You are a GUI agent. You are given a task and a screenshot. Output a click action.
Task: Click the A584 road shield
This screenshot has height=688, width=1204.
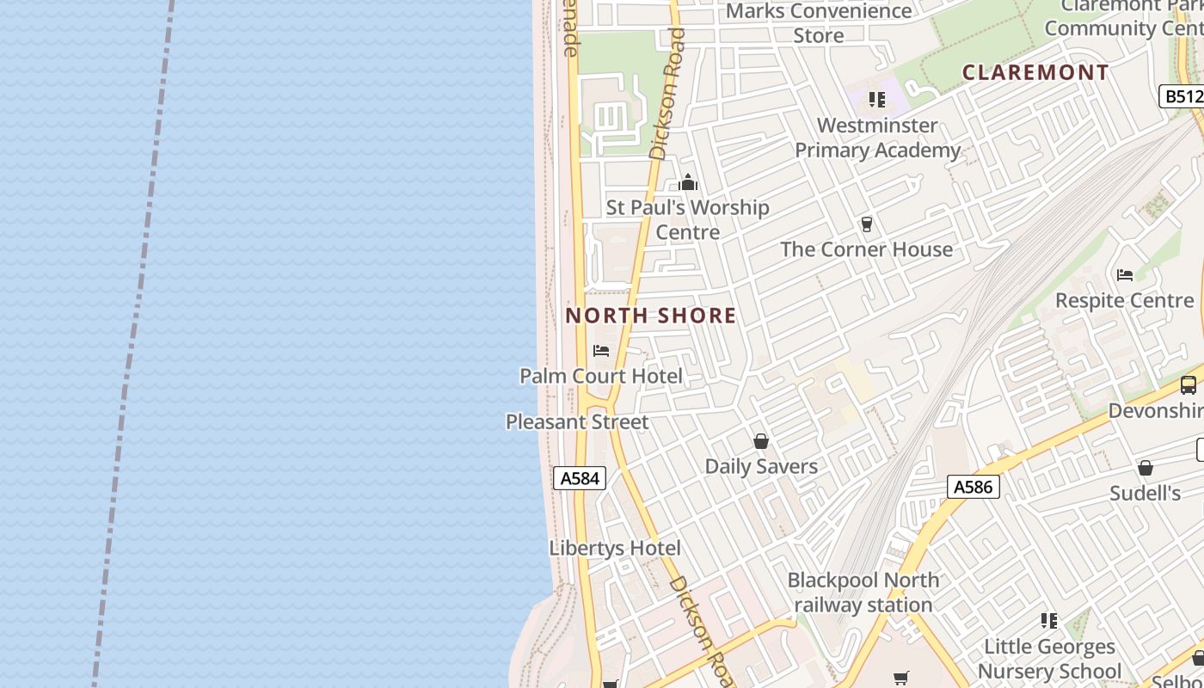[580, 478]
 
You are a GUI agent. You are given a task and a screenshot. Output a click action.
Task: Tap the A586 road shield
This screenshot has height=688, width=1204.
[974, 487]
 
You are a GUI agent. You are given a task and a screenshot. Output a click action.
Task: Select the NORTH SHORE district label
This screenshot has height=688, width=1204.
[651, 316]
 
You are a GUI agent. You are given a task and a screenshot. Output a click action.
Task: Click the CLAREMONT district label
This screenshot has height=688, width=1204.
[1035, 72]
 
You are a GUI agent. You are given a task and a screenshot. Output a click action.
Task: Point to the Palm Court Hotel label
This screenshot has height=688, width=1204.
[601, 376]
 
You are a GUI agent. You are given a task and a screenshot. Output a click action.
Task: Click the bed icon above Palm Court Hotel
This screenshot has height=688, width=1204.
[601, 351]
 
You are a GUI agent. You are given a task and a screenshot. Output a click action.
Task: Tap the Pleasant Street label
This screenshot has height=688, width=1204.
[577, 422]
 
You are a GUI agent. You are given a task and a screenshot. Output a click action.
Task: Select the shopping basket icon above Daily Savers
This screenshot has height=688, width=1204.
[761, 442]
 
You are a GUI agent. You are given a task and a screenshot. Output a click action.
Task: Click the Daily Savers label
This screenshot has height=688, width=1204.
[761, 466]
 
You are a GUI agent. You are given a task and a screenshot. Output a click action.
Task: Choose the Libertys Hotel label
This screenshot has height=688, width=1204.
[615, 548]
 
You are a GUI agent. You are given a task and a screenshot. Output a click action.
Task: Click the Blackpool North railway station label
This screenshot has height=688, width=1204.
[863, 592]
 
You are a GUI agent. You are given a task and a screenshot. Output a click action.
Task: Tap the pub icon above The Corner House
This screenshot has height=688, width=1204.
[867, 224]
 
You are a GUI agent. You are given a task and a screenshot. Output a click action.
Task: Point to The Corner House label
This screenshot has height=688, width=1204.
[867, 249]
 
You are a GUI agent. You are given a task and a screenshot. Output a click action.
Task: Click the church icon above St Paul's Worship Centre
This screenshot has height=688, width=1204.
[688, 182]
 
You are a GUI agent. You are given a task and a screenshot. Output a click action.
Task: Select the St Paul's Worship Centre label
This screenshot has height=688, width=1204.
[688, 219]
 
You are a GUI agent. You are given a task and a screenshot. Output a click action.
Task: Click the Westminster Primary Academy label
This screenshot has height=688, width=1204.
[877, 138]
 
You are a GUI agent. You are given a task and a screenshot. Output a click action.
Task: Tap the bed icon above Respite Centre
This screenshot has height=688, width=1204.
[1125, 275]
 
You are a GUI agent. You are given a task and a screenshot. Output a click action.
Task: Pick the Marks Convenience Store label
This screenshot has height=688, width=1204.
[819, 23]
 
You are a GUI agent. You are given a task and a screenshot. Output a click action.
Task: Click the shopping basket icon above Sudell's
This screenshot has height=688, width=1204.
[1146, 469]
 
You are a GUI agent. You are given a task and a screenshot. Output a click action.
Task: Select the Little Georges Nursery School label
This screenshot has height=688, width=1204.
[1049, 658]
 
